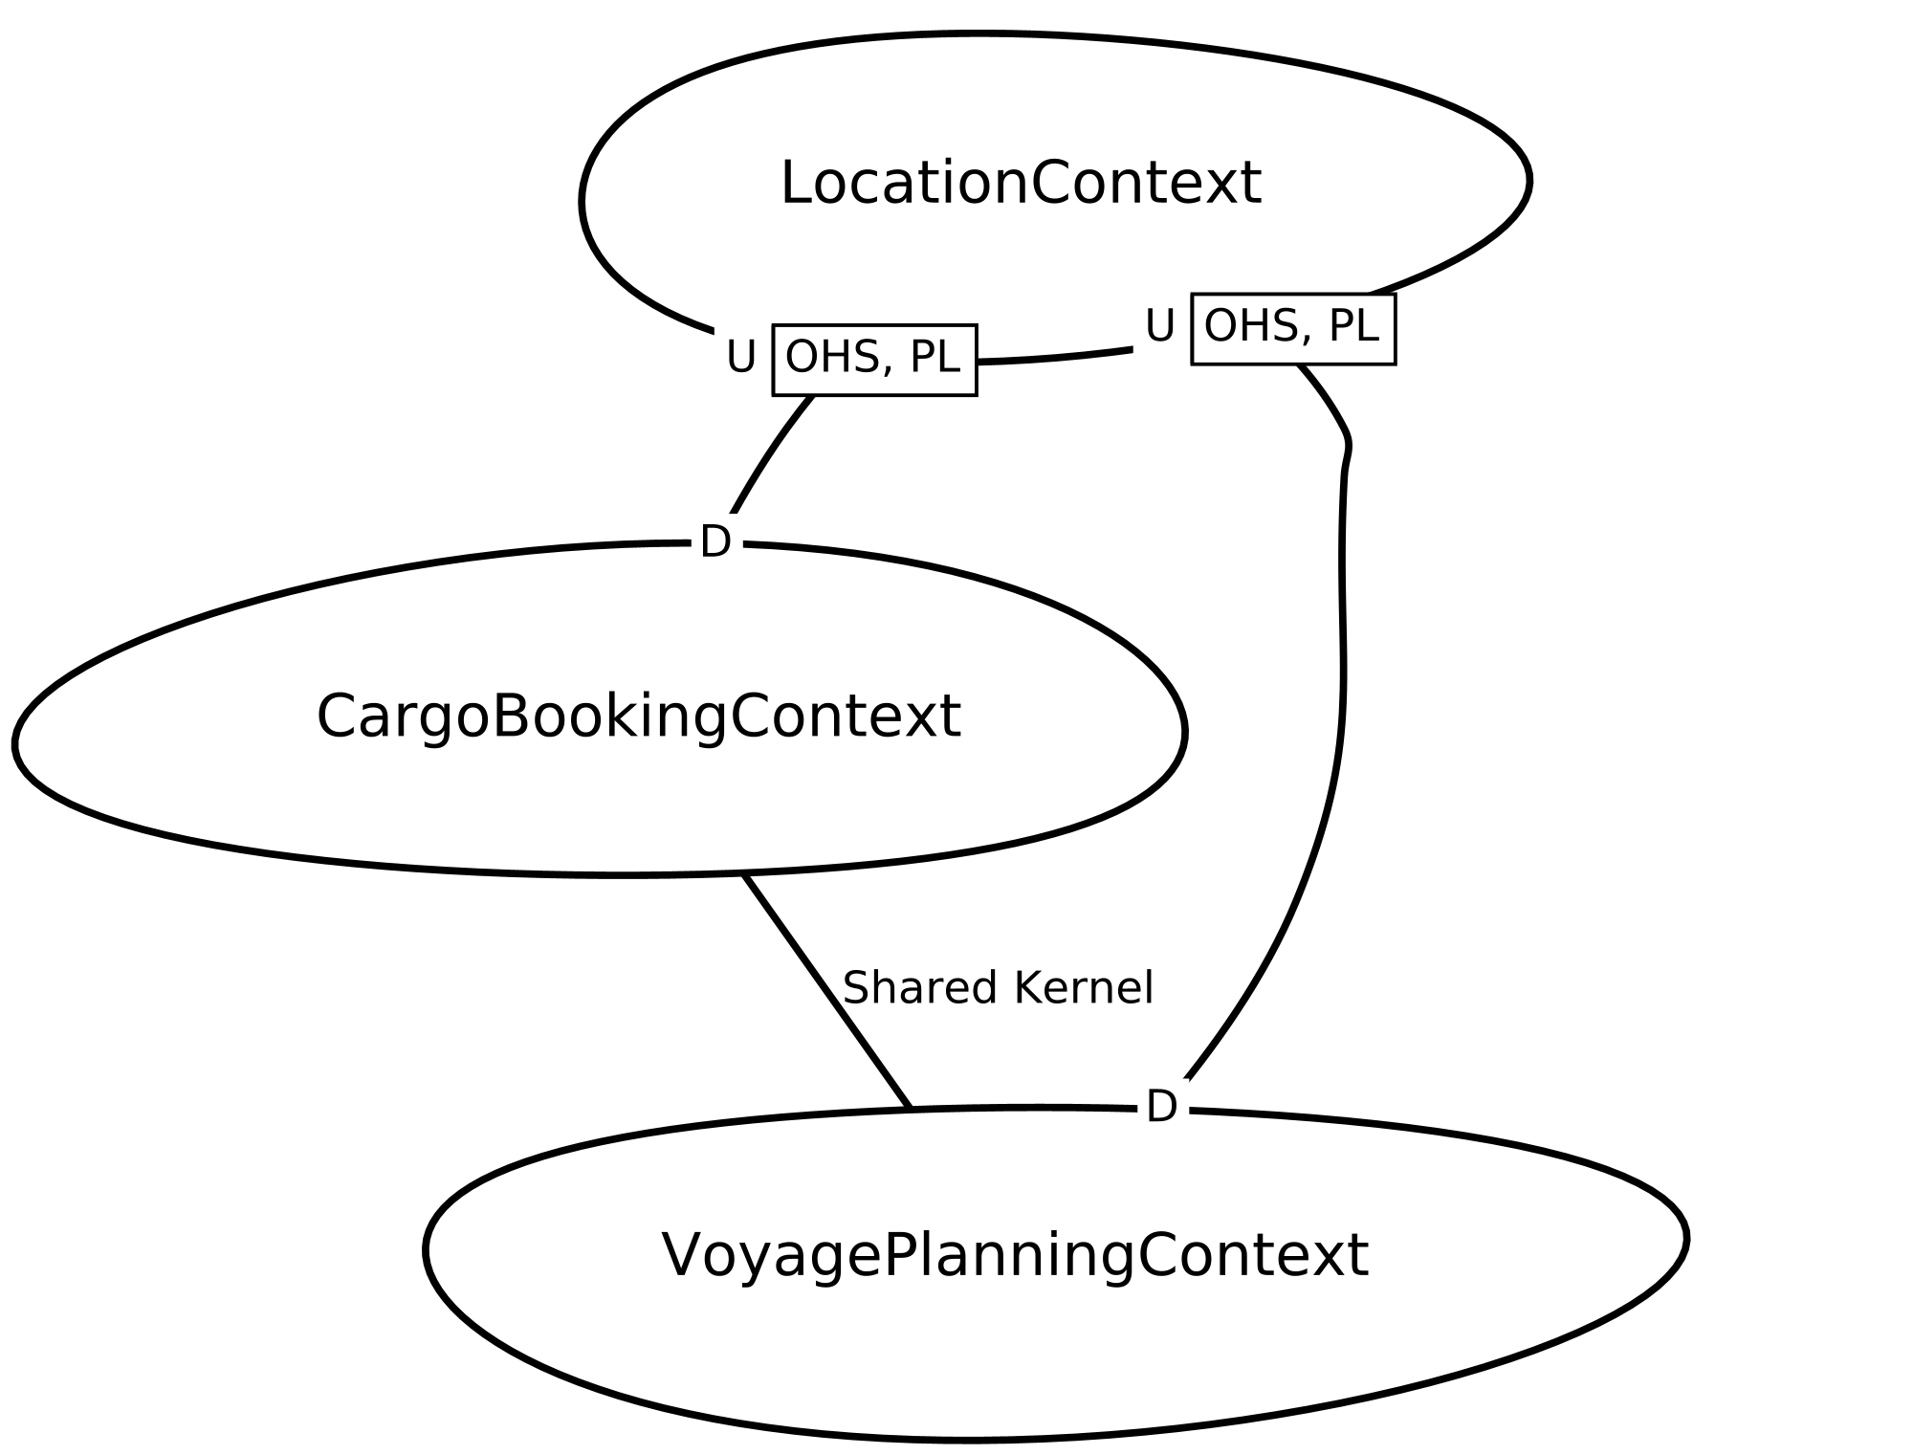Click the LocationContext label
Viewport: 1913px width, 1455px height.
[1021, 183]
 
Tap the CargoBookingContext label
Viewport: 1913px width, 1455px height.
[638, 716]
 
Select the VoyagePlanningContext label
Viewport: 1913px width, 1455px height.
[1015, 1255]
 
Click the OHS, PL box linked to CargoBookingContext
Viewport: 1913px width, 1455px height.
[874, 360]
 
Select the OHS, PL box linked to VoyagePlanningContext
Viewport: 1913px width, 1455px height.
[1293, 328]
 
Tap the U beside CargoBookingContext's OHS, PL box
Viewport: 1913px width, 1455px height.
[741, 358]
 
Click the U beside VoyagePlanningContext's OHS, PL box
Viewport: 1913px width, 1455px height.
[1160, 326]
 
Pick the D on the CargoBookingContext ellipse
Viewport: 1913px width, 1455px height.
[715, 542]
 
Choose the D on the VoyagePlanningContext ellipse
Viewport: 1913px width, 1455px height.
[1161, 1108]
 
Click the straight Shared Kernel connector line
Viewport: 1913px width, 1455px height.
[826, 991]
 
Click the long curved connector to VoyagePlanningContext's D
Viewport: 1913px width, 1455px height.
[1342, 670]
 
